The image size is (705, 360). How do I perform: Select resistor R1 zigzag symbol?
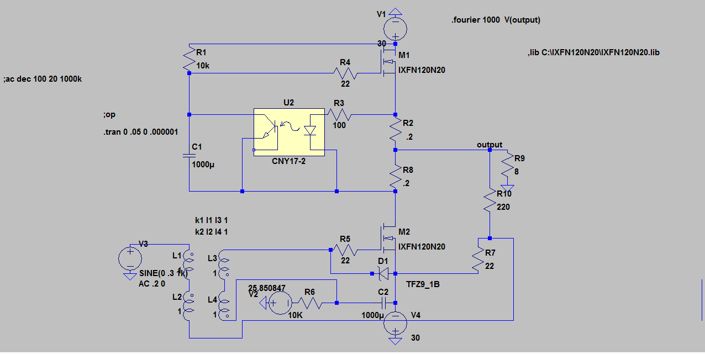pos(189,59)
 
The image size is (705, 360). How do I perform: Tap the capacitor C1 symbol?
pos(189,156)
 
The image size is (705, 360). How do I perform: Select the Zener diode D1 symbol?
pos(383,273)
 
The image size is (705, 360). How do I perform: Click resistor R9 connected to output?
pos(507,168)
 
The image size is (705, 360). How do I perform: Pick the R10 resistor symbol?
pos(490,200)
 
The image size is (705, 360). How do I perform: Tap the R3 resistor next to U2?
pos(339,114)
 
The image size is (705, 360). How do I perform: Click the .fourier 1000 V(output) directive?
pos(496,20)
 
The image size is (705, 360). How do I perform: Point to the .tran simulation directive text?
pos(141,132)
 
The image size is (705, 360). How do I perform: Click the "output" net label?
pos(490,145)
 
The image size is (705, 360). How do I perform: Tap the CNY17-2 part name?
pos(288,161)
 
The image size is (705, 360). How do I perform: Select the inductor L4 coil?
pos(224,305)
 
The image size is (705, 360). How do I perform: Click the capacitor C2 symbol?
pos(383,303)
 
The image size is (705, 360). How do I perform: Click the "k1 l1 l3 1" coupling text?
pos(211,220)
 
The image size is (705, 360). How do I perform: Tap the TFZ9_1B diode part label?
pos(423,284)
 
